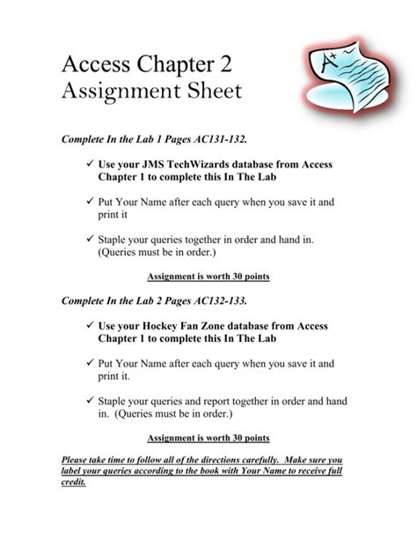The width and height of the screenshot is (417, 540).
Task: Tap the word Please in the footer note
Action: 78,461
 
